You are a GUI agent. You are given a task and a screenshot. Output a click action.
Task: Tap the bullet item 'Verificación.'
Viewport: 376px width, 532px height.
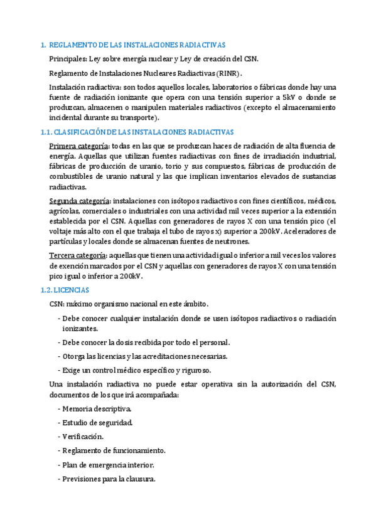[x=83, y=437]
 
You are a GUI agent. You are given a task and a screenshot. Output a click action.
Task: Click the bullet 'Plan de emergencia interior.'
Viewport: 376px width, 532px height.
[x=108, y=465]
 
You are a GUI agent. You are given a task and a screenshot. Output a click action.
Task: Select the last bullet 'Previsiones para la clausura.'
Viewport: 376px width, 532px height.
[x=109, y=479]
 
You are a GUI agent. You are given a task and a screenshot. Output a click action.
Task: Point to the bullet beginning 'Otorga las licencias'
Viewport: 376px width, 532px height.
[x=136, y=356]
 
